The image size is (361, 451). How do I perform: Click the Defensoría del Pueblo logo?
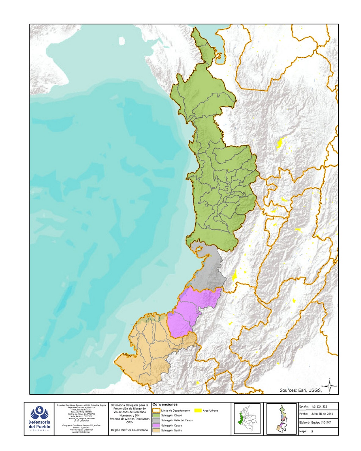[x=39, y=418]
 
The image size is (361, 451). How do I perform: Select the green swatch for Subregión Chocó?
[x=156, y=416]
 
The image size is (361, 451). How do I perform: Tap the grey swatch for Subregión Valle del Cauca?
[x=156, y=420]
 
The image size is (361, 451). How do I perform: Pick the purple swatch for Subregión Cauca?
[x=156, y=425]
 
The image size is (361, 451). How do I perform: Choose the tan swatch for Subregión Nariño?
[x=156, y=430]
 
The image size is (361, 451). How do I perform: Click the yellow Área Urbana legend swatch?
[x=198, y=411]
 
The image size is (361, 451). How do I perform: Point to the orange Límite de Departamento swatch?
[x=156, y=411]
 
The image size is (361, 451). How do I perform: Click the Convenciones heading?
[x=165, y=405]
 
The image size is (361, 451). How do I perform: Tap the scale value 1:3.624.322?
[x=319, y=406]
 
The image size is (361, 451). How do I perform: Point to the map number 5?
[x=312, y=432]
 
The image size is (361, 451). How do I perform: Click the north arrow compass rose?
[x=330, y=386]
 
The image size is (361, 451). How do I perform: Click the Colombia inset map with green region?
[x=247, y=418]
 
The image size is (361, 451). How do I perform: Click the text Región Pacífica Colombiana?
[x=129, y=430]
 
